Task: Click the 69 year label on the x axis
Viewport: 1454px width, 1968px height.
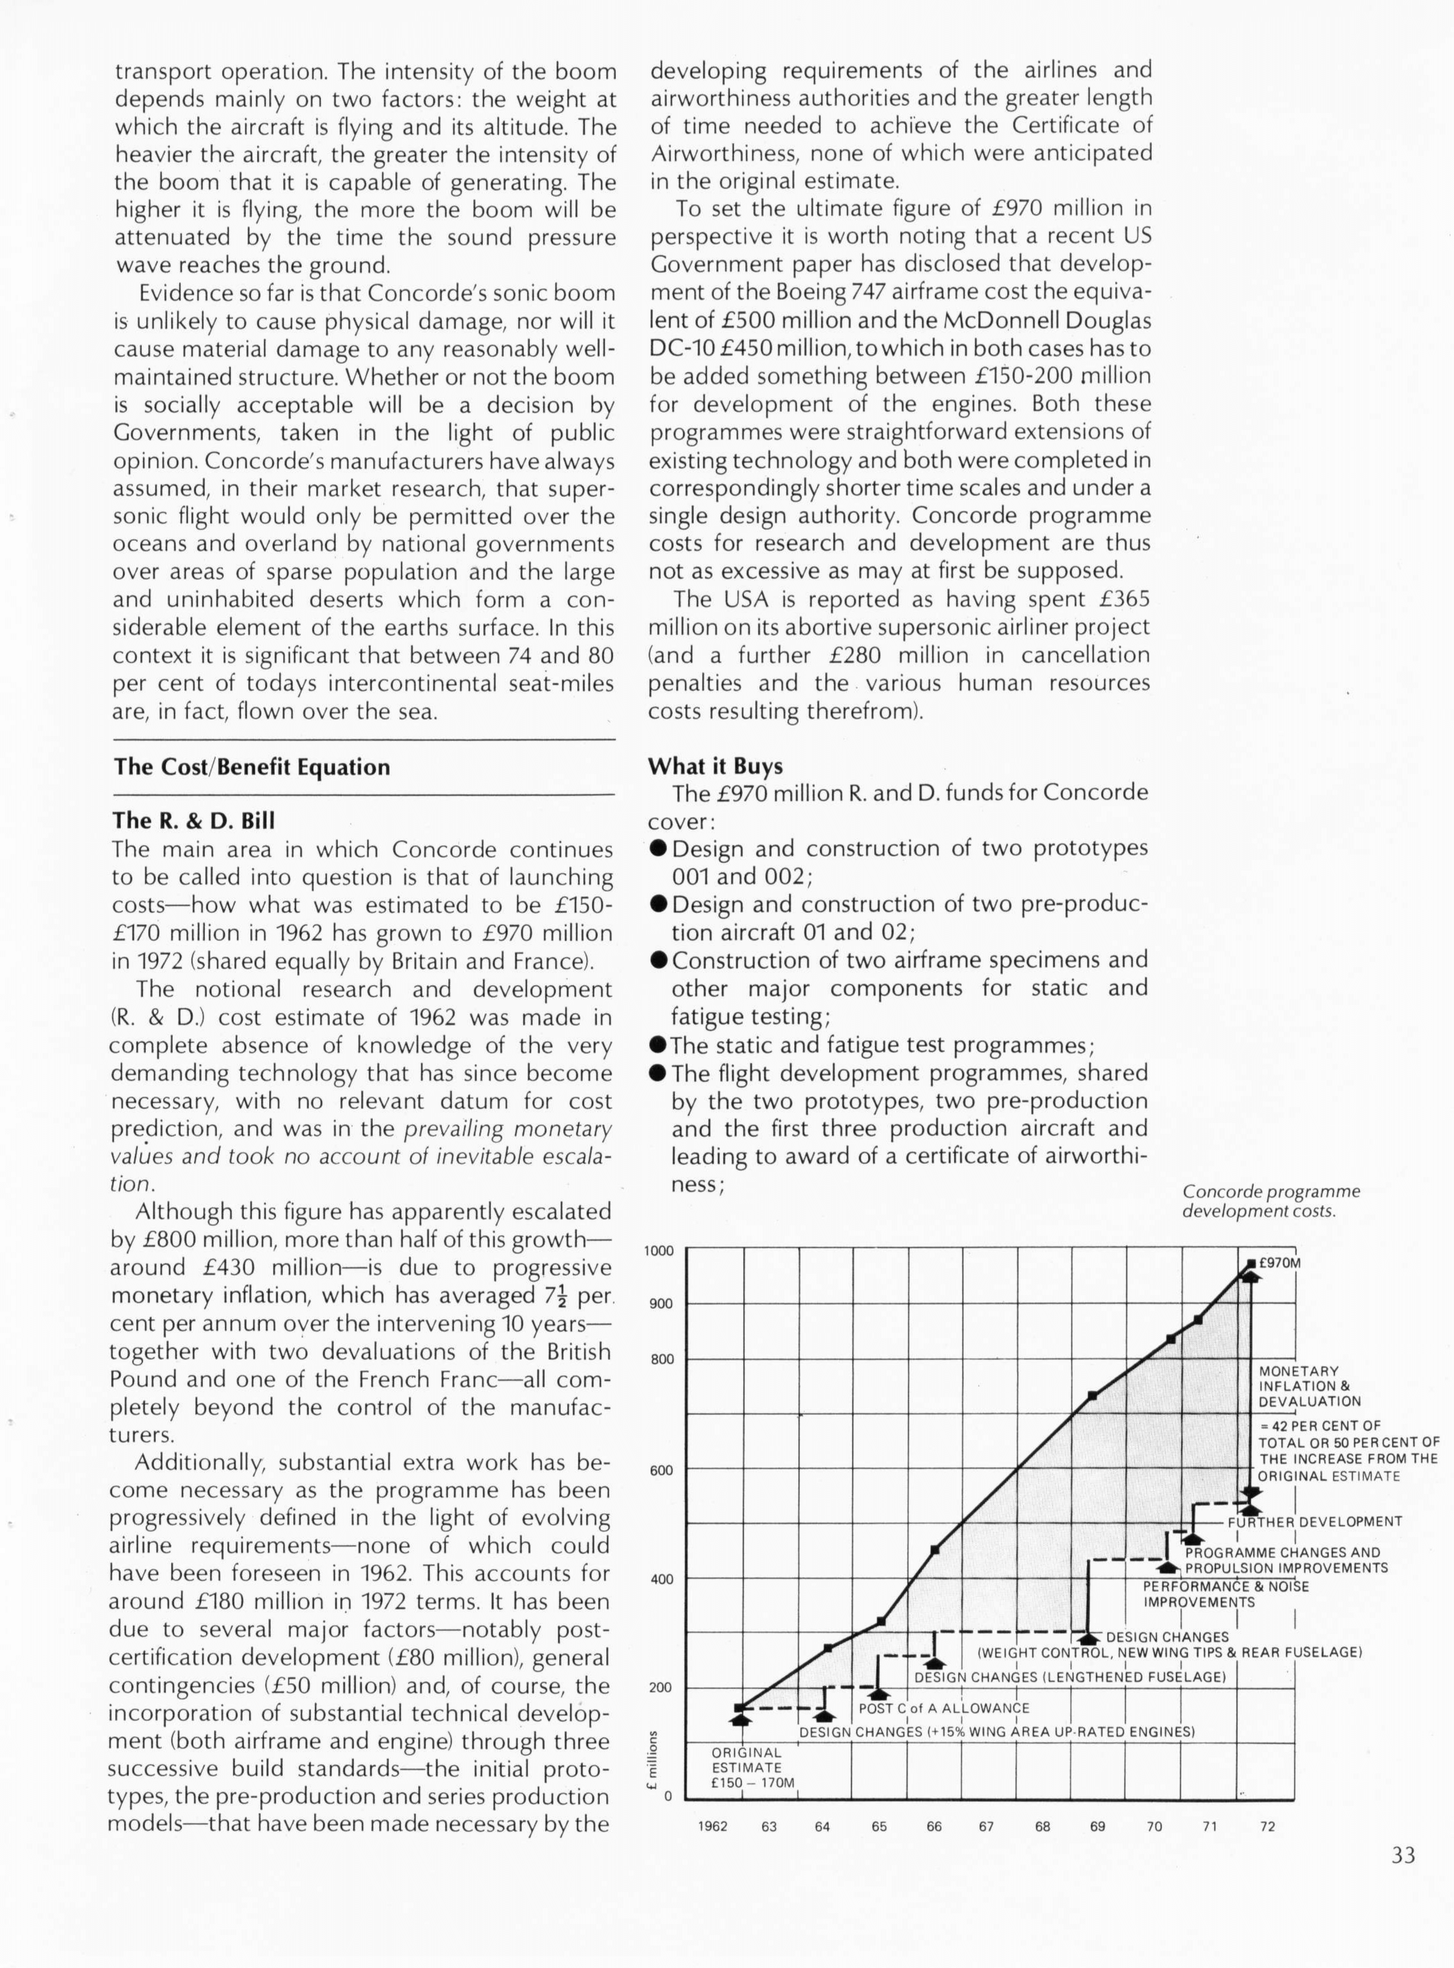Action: point(1098,1827)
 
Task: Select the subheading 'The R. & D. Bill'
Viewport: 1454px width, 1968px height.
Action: point(194,820)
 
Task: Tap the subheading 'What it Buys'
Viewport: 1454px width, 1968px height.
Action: point(714,766)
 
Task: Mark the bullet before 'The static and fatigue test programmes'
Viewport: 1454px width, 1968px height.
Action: point(658,1046)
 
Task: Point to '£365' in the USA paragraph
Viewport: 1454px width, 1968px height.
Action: point(1125,600)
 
